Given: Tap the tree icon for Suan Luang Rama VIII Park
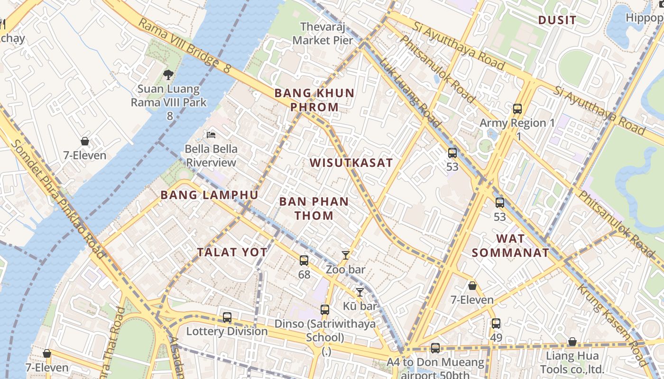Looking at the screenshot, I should coord(168,74).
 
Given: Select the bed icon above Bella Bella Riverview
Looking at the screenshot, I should coord(211,135).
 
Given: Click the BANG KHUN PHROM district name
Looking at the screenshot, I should coord(314,100).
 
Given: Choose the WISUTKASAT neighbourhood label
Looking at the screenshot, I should coord(351,163).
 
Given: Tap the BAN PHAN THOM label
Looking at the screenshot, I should coord(314,208).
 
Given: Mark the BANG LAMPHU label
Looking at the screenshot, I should coord(209,195).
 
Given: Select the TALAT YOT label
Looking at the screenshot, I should coord(232,252).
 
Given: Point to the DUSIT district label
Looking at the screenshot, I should coord(557,20).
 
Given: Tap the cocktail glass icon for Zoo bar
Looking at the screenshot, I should coord(346,255).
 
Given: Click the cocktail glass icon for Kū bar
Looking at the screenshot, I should coord(360,292).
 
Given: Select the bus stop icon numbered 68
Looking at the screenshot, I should coord(304,260).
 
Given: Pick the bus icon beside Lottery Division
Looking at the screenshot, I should coord(227,317).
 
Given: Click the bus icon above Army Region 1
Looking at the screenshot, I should coord(517,109).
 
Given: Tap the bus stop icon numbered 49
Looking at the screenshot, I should coord(496,324).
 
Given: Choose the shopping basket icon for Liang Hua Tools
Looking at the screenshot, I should coord(572,342).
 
